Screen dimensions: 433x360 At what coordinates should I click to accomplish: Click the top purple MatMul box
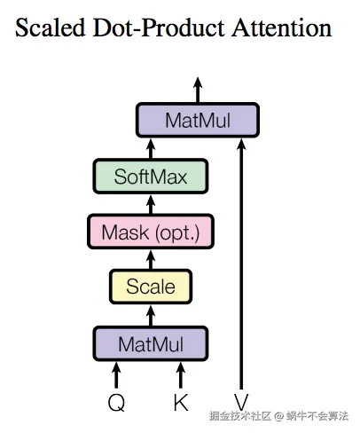point(197,120)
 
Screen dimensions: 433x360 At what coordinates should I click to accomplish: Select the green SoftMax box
point(150,176)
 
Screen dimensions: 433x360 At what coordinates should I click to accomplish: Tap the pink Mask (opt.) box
point(150,232)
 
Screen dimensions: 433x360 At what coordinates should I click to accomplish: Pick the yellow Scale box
point(150,287)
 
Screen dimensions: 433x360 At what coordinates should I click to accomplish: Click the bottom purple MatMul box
point(150,342)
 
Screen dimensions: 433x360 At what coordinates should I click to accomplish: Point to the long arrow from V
point(240,266)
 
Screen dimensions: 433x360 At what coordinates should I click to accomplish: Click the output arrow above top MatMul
point(197,89)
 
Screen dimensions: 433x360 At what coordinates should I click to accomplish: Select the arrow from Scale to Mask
point(150,258)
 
